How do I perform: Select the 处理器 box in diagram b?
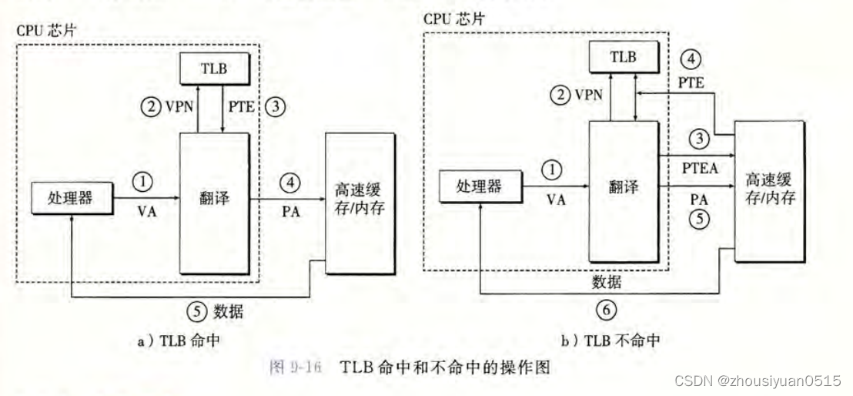pyautogui.click(x=477, y=186)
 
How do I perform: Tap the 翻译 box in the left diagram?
pyautogui.click(x=213, y=202)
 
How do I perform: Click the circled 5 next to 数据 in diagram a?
pyautogui.click(x=197, y=312)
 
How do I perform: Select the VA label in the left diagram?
pyautogui.click(x=146, y=212)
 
